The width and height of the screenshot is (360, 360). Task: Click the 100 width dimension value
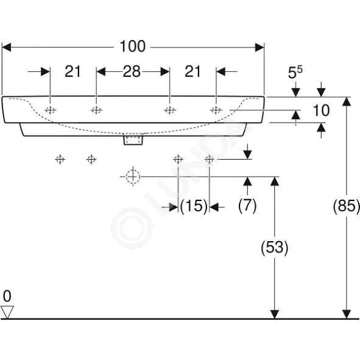point(132,47)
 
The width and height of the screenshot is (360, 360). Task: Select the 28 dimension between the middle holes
point(132,71)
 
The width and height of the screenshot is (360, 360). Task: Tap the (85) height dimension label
point(346,206)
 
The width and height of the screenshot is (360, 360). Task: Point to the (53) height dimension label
point(274,248)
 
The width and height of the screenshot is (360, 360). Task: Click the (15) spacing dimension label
point(194,206)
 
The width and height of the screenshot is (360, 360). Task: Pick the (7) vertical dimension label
point(247,205)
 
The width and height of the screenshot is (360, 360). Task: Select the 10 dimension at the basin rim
point(321,110)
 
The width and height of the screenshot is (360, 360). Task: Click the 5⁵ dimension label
point(295,72)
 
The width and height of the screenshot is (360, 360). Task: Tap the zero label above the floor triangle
point(7,296)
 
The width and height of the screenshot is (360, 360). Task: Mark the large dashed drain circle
point(133,177)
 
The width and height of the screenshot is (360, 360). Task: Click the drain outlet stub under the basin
point(133,140)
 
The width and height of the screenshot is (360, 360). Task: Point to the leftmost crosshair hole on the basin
point(51,110)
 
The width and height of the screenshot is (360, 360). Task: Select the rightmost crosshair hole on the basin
point(216,110)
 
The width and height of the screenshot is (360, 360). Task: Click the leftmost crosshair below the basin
point(60,159)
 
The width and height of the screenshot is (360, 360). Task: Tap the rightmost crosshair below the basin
point(209,159)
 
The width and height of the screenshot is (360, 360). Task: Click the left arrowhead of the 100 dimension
point(7,48)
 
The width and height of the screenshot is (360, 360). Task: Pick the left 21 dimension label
point(72,71)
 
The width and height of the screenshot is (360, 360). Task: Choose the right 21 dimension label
point(192,71)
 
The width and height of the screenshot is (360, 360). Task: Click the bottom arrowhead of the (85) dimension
point(346,314)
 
